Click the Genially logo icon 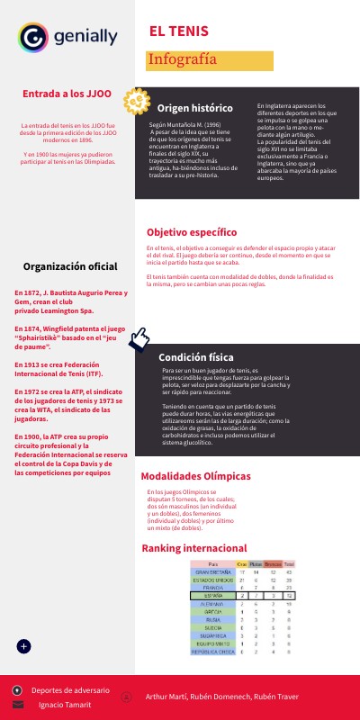(31, 37)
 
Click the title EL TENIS (179, 32)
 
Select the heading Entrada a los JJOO (67, 93)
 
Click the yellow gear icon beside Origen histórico (136, 102)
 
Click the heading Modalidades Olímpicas (195, 476)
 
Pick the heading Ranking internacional (194, 548)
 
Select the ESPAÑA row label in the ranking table (212, 596)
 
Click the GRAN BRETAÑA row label (212, 571)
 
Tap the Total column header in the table (289, 563)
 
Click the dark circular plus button (24, 646)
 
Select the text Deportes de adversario (70, 690)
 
